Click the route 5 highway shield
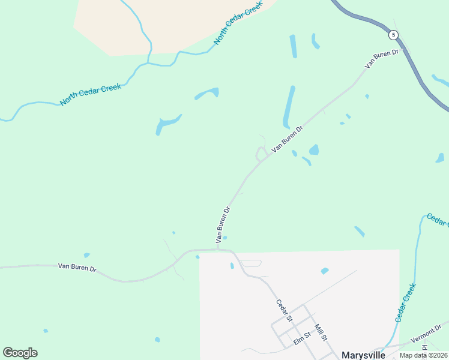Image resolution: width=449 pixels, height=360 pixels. pos(393,35)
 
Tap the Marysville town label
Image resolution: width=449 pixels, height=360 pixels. pos(363,355)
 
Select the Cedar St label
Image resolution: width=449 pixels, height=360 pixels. pos(284,310)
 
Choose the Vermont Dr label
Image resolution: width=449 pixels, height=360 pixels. pos(426,334)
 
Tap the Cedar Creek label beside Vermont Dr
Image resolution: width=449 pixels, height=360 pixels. pos(405,302)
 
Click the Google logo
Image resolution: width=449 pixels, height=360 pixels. pos(20,353)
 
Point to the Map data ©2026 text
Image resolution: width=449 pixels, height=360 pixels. pos(424,355)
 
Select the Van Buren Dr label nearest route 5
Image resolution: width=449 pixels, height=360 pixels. pos(382,59)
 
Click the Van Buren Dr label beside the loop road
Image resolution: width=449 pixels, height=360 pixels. pos(288,139)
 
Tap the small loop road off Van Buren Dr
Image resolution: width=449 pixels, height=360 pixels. pos(261,154)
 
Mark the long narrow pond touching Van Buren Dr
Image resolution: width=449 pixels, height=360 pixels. pos(289,106)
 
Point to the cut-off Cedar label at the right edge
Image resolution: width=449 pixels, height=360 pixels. pos(437,220)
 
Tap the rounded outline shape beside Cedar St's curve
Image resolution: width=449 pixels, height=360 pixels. pos(251,263)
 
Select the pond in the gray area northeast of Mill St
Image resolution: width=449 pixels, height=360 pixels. pos(325,271)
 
